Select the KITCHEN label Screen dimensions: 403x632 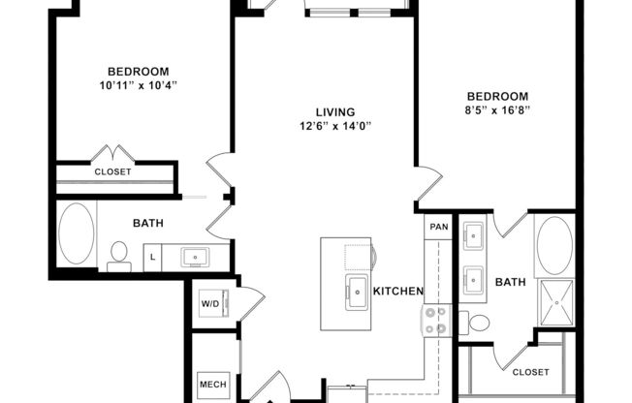(398, 291)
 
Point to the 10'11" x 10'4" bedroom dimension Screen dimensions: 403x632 (138, 86)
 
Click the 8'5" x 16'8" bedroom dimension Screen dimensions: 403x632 (497, 110)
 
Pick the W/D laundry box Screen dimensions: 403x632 (210, 303)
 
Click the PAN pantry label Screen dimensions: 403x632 (439, 227)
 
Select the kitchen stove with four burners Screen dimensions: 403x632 (435, 321)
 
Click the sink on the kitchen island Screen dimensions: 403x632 (356, 289)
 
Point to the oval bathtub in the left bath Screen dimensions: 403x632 (77, 233)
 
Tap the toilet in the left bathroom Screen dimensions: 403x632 (119, 254)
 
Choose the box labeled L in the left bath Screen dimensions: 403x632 (151, 257)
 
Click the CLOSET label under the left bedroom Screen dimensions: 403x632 (113, 171)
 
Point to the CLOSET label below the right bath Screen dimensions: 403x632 (530, 372)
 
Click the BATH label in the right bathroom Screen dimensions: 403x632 (510, 283)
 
